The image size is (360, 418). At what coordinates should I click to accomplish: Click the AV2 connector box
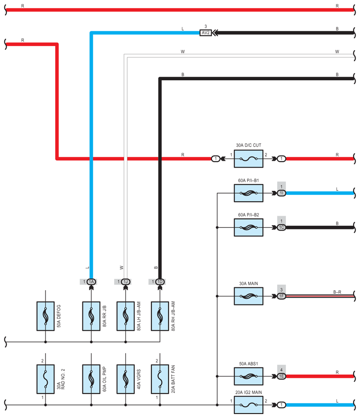tap(205, 33)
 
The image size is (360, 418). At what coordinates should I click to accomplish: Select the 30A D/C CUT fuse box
tap(249, 159)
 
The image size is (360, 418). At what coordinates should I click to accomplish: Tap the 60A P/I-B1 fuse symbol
tap(249, 193)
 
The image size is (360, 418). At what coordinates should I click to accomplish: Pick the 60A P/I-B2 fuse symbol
tap(249, 228)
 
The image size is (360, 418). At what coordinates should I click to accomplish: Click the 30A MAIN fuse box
tap(249, 296)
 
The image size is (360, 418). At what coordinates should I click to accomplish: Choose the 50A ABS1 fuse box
tap(249, 377)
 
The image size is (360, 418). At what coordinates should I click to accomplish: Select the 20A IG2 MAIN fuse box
tap(249, 405)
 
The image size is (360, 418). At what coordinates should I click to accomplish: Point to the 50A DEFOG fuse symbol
tap(45, 316)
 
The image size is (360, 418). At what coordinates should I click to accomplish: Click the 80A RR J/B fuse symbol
tap(91, 316)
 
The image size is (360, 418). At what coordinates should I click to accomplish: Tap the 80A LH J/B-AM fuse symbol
tap(126, 316)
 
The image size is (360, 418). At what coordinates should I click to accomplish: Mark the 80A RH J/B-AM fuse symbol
tap(160, 316)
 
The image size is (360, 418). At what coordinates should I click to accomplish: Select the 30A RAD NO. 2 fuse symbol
tap(45, 379)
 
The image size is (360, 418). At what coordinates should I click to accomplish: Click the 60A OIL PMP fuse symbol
tap(91, 379)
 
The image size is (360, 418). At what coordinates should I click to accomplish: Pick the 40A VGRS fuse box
tap(126, 379)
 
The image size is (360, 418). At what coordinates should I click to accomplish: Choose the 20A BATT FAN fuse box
tap(160, 379)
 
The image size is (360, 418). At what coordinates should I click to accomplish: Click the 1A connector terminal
tap(91, 282)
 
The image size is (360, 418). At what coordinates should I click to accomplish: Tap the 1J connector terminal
tap(126, 282)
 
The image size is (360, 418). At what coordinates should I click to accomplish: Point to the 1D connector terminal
tap(160, 282)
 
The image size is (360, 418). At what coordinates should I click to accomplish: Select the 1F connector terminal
tap(282, 296)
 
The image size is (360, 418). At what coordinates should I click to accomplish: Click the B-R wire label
tap(337, 292)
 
